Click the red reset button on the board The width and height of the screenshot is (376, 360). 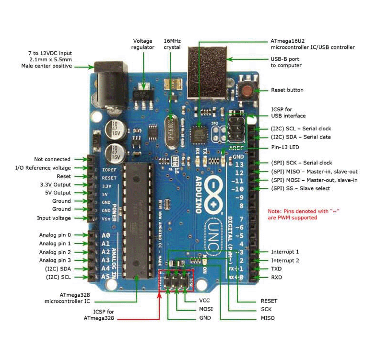[248, 90]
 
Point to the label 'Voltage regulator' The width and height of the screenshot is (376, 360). [143, 44]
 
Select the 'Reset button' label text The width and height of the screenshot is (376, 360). [287, 90]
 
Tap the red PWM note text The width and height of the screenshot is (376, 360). [300, 214]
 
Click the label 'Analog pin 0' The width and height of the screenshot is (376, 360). [55, 235]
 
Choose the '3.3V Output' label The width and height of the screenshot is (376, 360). [55, 185]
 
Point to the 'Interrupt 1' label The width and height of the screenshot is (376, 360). [285, 252]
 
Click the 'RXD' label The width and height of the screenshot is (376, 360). [277, 277]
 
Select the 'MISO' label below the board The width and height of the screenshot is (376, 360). [268, 318]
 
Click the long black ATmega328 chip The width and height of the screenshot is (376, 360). [136, 221]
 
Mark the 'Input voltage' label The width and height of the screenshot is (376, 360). [54, 218]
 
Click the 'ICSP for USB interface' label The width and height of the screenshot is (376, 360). [288, 112]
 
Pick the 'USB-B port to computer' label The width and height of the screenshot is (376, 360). [286, 62]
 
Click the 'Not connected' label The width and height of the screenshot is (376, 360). [52, 159]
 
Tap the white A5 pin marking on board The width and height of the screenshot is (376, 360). [106, 277]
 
